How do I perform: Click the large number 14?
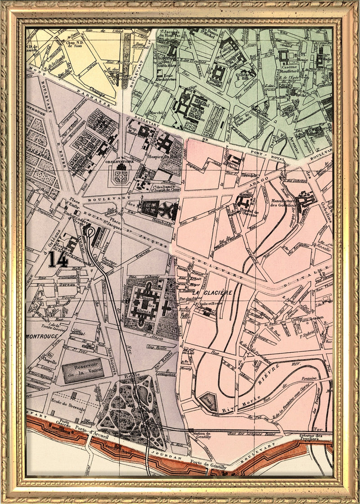click(58, 259)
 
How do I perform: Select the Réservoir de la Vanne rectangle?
click(83, 370)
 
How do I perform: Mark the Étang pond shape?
click(208, 399)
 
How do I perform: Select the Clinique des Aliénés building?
click(145, 304)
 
